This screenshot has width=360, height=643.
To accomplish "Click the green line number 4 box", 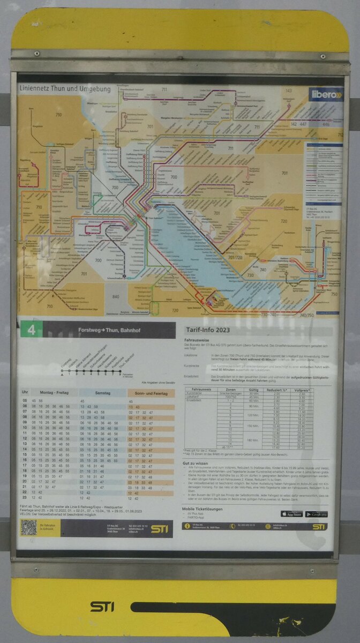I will [x=31, y=330].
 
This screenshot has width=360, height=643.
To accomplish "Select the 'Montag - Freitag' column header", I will [x=54, y=393].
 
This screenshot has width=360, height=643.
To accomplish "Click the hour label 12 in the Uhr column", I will [x=25, y=439].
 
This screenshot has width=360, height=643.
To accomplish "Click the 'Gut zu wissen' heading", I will [x=195, y=462].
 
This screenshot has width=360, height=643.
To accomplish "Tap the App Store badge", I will [x=291, y=514].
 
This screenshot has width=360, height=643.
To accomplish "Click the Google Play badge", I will [x=316, y=514].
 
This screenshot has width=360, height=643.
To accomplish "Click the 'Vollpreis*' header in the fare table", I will [x=304, y=390].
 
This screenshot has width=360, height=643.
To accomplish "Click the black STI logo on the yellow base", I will [x=102, y=606].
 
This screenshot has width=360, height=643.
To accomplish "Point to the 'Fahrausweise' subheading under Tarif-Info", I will [x=197, y=340].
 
